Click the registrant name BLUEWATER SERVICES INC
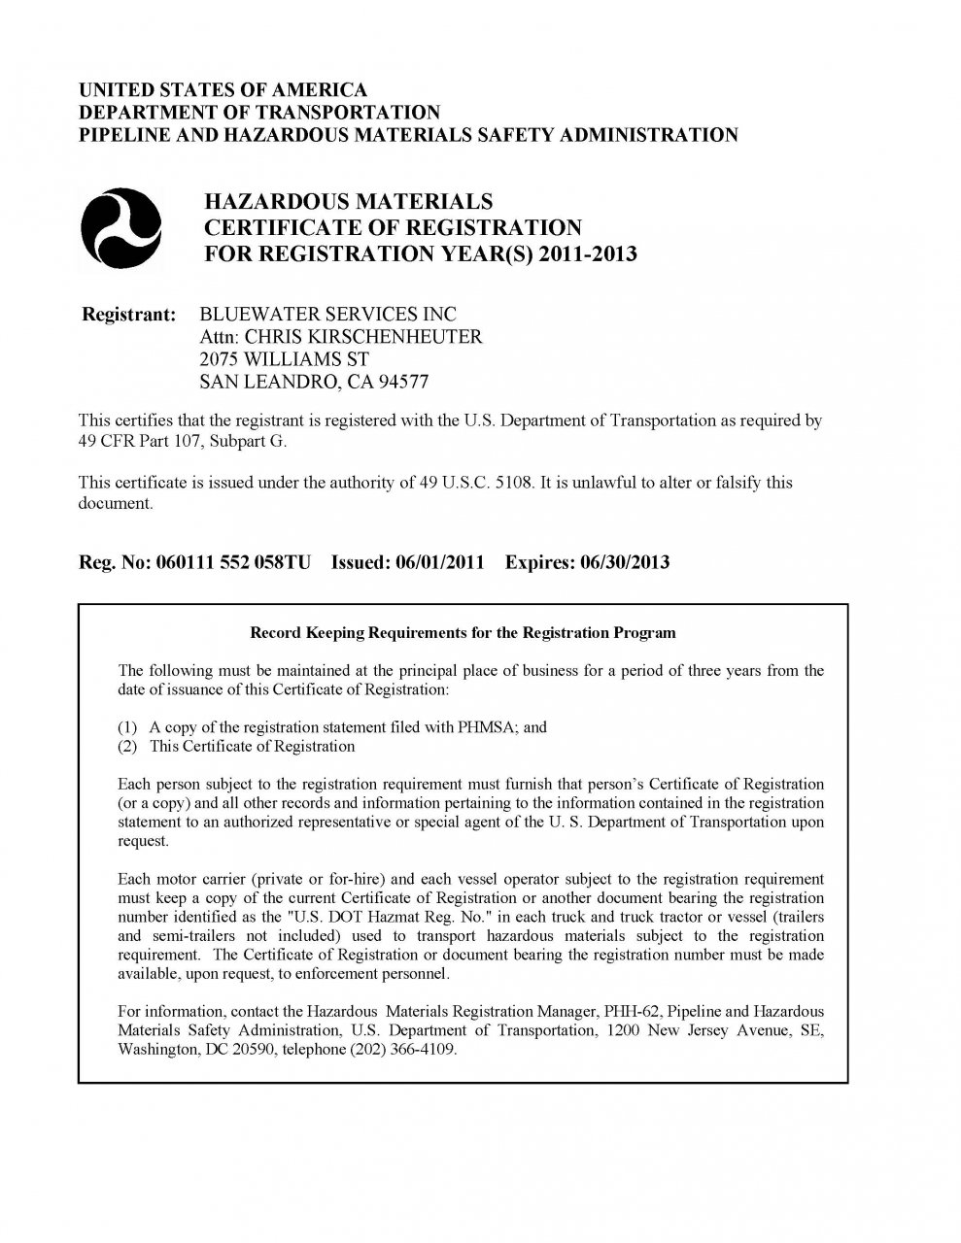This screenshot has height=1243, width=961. tap(327, 315)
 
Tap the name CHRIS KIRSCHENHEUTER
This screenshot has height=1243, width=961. tap(363, 337)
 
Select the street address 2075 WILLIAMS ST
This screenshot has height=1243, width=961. tap(284, 359)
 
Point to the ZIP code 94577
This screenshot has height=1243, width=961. tap(404, 382)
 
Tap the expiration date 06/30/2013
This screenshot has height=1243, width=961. tap(624, 562)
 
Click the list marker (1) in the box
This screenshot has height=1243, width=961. tap(128, 727)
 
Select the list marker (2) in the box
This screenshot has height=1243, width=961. tap(128, 746)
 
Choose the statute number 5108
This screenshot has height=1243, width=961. tap(513, 483)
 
